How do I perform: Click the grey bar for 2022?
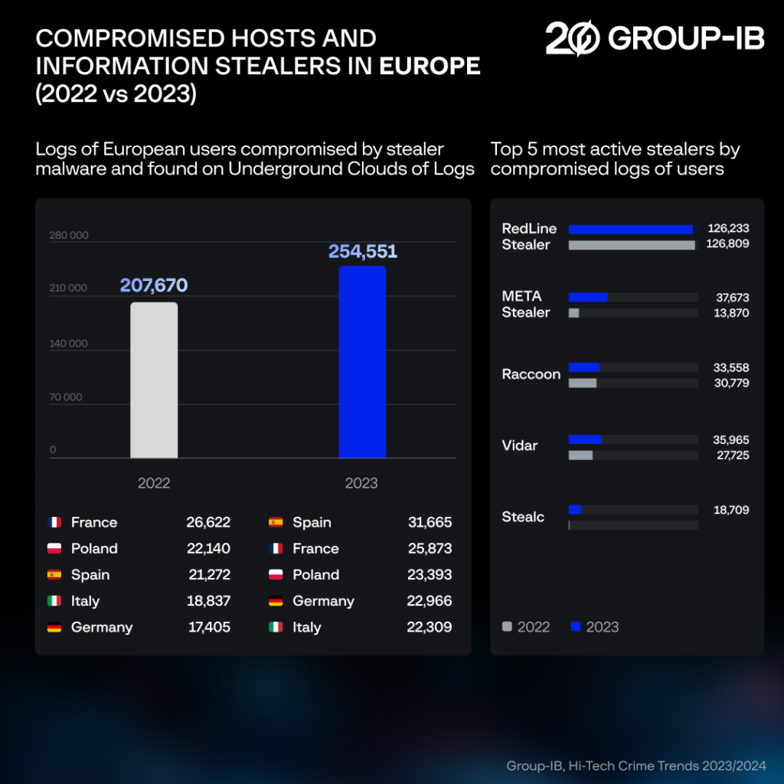154,381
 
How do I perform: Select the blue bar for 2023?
362,362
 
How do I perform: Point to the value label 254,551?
363,251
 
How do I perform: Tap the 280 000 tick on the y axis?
69,235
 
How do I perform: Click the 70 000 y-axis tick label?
66,397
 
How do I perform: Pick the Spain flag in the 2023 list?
276,523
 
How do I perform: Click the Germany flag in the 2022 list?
54,628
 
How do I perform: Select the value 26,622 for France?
208,523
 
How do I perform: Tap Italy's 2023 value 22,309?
430,628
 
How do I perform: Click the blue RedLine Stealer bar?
630,229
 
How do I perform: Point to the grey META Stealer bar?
573,313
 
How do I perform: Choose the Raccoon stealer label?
531,374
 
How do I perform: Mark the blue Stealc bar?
575,510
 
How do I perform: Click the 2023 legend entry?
595,627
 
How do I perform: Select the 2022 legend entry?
526,627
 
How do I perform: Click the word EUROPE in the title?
430,67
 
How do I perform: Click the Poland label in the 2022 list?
94,549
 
